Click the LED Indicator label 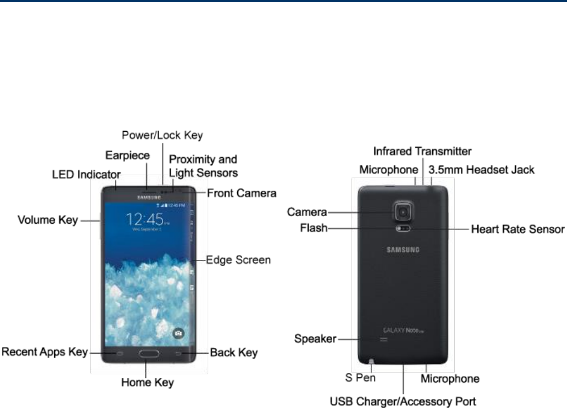coord(87,175)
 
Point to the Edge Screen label coord(238,261)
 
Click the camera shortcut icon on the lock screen coord(178,332)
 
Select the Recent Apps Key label coord(45,351)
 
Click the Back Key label coord(234,353)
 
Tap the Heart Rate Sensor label coord(518,229)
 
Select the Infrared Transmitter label coord(422,150)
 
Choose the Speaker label coord(315,339)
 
